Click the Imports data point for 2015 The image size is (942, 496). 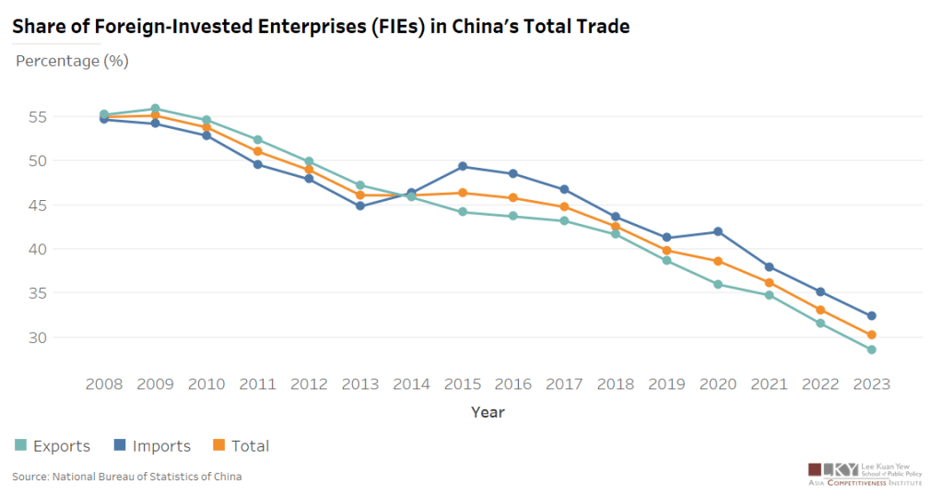(x=462, y=167)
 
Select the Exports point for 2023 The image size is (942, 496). (x=871, y=349)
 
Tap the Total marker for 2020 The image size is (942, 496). (x=718, y=261)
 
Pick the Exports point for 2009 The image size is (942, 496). (x=155, y=109)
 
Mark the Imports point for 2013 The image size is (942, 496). (x=359, y=206)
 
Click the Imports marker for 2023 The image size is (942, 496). (x=871, y=315)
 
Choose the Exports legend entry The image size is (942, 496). (x=53, y=446)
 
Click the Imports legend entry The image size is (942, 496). (x=153, y=446)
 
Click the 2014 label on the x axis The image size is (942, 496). (x=411, y=384)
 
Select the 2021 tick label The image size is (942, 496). (x=769, y=384)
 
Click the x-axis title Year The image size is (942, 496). (x=488, y=411)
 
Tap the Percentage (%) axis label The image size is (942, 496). (x=72, y=62)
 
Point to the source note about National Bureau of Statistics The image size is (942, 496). (x=126, y=477)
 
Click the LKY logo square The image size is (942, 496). (x=814, y=469)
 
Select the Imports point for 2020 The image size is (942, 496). (x=718, y=231)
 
